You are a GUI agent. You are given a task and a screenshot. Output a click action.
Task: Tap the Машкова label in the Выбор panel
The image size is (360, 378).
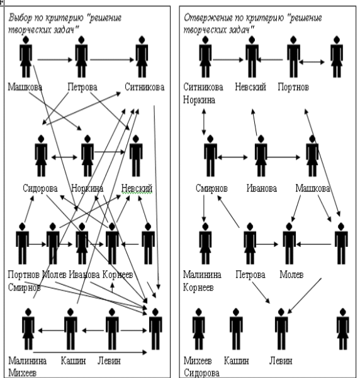pos(25,87)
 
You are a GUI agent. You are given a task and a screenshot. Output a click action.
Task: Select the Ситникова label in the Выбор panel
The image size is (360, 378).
pos(145,87)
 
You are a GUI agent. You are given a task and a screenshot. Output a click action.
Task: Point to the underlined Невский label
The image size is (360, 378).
pos(137,188)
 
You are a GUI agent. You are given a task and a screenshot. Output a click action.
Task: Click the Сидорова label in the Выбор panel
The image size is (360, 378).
pos(40,188)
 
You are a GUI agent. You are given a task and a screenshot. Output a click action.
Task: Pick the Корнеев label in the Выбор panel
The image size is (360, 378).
pos(118,274)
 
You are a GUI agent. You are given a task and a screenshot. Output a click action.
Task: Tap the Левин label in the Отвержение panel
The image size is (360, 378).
pos(281,361)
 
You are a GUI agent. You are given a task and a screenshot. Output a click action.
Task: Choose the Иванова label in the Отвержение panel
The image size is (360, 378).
pos(262,188)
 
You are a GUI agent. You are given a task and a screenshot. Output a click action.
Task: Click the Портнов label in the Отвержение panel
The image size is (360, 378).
pos(293,87)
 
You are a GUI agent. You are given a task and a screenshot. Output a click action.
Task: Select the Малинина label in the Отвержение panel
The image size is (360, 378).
pos(202,274)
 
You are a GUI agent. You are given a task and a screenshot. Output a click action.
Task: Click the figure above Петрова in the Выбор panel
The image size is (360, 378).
pos(81,57)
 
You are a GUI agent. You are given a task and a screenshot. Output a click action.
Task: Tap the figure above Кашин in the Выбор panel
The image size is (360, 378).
pos(70,329)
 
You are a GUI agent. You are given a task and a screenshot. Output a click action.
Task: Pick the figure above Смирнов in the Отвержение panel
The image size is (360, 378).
pos(210,156)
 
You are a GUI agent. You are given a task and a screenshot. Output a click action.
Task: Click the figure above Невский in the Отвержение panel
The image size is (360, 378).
pos(252,57)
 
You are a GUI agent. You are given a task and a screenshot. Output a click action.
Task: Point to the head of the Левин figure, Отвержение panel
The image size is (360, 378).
pos(281,312)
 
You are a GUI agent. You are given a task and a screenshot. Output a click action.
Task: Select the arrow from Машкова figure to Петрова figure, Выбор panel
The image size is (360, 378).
pos(55,60)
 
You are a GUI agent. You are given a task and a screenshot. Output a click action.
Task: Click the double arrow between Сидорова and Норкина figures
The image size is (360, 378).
pos(64,157)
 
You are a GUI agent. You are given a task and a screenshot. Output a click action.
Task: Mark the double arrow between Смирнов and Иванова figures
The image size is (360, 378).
pos(233,157)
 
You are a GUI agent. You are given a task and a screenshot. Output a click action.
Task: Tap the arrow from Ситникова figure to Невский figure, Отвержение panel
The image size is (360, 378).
pos(228,60)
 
